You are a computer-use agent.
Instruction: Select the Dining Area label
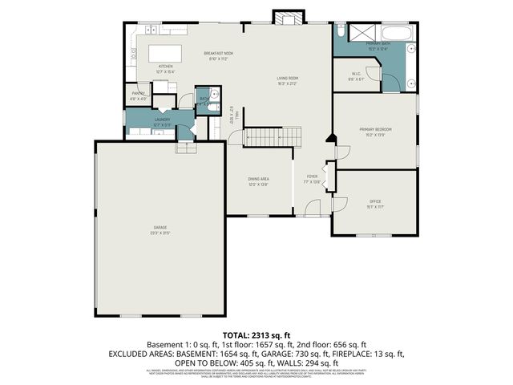tap(258, 181)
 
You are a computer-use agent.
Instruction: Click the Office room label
tap(374, 203)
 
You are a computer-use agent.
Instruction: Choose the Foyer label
tap(313, 179)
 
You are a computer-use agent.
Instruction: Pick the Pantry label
tap(139, 96)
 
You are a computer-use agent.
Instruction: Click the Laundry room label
tap(162, 121)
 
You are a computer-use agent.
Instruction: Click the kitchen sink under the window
tap(150, 29)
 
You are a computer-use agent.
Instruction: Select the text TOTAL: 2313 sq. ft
tap(256, 334)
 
